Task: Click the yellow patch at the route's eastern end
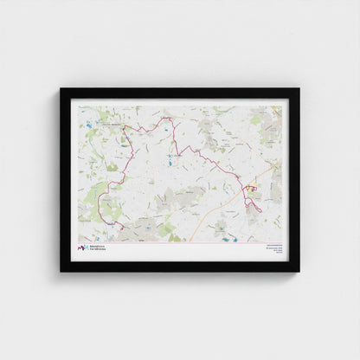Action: (252, 187)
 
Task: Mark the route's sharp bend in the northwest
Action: (123, 127)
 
